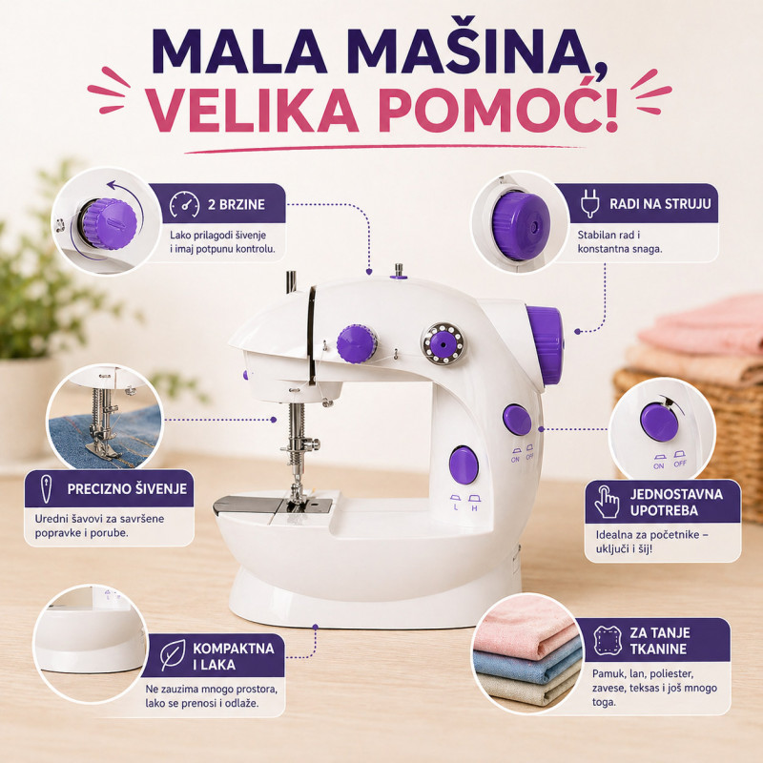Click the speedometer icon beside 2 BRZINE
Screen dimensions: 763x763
tap(185, 205)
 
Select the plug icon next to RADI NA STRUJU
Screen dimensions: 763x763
tap(589, 204)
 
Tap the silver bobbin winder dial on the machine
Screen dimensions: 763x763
tap(444, 342)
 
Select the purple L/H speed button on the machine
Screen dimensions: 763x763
tap(464, 464)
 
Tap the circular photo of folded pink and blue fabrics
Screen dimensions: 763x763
tap(527, 652)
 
